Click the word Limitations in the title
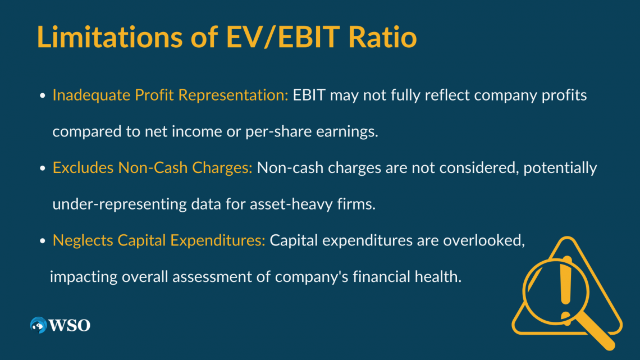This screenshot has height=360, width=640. pos(110,37)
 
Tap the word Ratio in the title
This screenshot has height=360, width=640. pos(382,37)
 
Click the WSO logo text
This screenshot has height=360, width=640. pos(70,325)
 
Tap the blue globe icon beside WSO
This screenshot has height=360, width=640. pos(38,325)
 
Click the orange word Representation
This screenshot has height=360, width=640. pos(233,95)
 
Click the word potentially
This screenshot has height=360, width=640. pos(560,168)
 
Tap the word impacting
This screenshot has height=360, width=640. pos(84,277)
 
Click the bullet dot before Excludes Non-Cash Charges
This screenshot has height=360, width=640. pos(43,168)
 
